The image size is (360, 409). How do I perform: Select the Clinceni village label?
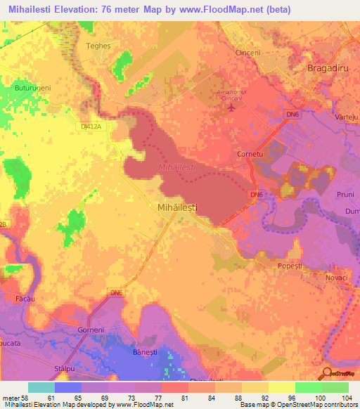pyautogui.click(x=247, y=53)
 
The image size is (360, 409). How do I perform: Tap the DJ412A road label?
pyautogui.click(x=89, y=126)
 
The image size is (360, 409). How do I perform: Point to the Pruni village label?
pyautogui.click(x=346, y=194)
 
